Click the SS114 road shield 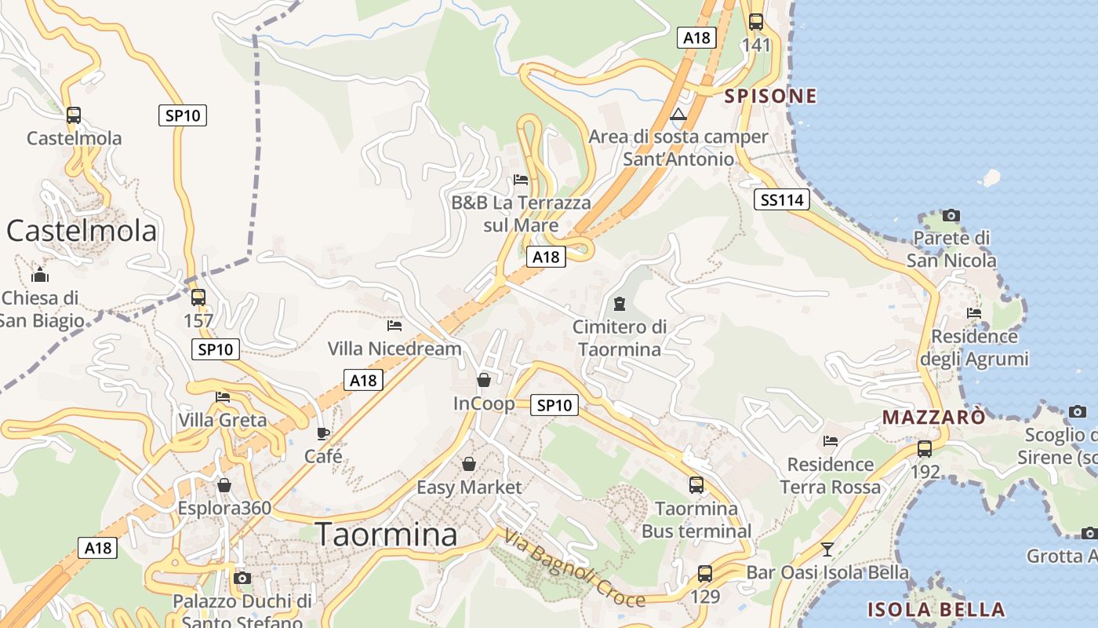782,200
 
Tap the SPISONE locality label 770,96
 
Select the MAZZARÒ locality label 933,417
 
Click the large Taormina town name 386,535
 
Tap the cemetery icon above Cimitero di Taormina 620,303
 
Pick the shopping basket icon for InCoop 484,380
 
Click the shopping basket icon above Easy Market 468,464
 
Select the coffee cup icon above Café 322,433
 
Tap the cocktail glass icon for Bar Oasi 827,549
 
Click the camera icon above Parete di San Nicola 951,215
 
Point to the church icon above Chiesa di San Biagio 40,275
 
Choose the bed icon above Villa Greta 223,397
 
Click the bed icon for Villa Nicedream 394,325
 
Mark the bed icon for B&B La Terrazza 521,179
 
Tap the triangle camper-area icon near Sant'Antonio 678,115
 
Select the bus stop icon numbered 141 755,22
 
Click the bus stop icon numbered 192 925,449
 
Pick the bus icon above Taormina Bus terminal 696,485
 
